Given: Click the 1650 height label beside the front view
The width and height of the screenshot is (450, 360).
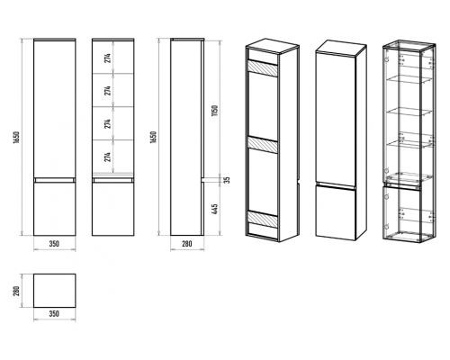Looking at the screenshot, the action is pyautogui.click(x=16, y=137).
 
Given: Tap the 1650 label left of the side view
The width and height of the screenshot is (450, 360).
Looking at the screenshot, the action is pyautogui.click(x=153, y=137).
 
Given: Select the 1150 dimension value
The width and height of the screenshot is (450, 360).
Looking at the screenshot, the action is pyautogui.click(x=214, y=111).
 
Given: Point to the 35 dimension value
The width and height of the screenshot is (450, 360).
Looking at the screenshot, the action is pyautogui.click(x=228, y=180).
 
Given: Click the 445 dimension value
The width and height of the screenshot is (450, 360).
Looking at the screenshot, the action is pyautogui.click(x=214, y=209).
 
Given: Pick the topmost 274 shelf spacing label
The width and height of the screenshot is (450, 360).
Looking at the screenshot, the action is pyautogui.click(x=108, y=58).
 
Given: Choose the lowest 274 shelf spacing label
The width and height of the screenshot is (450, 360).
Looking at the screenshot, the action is pyautogui.click(x=108, y=157).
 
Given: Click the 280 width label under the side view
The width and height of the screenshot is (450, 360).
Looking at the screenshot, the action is pyautogui.click(x=187, y=244).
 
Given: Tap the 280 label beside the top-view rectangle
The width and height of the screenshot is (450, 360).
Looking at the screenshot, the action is pyautogui.click(x=16, y=291).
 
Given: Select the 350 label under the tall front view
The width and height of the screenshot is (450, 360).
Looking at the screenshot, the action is pyautogui.click(x=54, y=244).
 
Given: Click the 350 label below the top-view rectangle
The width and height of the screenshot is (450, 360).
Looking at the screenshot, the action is pyautogui.click(x=54, y=314).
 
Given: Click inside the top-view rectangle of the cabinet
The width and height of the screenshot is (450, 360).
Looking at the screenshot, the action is pyautogui.click(x=54, y=291).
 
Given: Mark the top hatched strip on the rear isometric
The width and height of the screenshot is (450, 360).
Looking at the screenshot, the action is pyautogui.click(x=263, y=67).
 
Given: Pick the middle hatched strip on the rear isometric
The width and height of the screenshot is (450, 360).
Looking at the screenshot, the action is pyautogui.click(x=263, y=144).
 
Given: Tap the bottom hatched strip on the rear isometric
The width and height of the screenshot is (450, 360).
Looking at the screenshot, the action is pyautogui.click(x=263, y=219).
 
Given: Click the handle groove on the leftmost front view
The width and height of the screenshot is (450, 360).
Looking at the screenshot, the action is pyautogui.click(x=54, y=180).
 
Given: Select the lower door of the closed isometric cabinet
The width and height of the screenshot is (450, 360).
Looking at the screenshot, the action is pyautogui.click(x=336, y=212).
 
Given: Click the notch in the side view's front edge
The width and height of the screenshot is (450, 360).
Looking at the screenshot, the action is pyautogui.click(x=202, y=180).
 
